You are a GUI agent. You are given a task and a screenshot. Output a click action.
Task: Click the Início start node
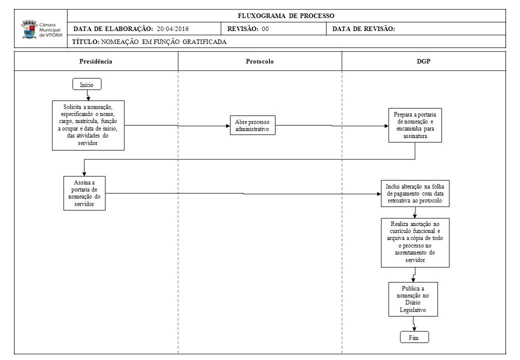[87, 84]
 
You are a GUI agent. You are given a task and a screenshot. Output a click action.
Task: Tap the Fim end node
[414, 337]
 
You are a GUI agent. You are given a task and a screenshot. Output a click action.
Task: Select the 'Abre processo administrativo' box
[252, 125]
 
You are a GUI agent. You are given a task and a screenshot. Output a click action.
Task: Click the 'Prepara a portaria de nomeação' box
[415, 125]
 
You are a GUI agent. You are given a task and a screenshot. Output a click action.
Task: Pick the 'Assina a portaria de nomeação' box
[84, 193]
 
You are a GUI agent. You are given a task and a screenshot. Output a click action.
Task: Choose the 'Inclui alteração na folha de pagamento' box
[415, 193]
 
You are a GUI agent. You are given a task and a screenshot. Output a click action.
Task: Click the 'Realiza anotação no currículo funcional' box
[415, 242]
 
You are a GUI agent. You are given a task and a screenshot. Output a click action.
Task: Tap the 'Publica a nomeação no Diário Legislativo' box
[413, 299]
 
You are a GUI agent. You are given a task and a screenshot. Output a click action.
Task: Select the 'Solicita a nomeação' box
[88, 125]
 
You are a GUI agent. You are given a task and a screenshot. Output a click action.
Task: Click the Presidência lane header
[96, 61]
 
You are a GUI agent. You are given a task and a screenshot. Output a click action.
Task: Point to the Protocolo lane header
[259, 61]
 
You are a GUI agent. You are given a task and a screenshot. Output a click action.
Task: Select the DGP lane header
[423, 61]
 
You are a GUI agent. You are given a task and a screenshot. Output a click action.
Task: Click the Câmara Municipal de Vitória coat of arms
[29, 29]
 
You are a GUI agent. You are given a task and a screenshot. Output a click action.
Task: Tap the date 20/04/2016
[173, 29]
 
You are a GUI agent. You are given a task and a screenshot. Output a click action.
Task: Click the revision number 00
[265, 29]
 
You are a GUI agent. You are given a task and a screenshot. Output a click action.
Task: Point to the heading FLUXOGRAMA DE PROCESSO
[286, 15]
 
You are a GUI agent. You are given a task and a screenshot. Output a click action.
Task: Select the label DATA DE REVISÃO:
[364, 29]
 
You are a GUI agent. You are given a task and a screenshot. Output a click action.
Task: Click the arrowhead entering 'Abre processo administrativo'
[228, 126]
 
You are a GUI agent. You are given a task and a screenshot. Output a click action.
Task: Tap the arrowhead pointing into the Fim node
[414, 329]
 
